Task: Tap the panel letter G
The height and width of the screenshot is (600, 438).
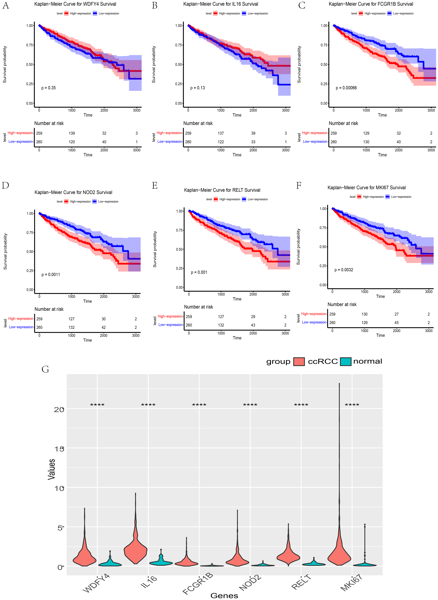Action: coord(45,369)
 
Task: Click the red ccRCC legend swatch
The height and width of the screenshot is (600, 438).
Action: coord(299,361)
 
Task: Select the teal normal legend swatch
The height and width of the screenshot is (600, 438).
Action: coord(345,361)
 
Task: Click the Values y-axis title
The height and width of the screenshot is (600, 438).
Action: coord(52,469)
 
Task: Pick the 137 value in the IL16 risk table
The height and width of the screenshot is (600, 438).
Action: coord(221,133)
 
